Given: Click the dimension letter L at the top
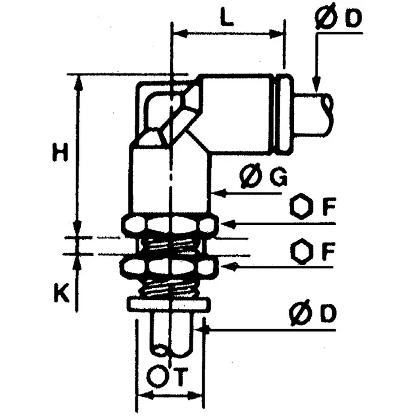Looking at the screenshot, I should pyautogui.click(x=226, y=18).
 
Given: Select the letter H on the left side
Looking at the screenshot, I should pyautogui.click(x=59, y=153).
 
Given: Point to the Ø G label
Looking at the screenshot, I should pyautogui.click(x=263, y=177).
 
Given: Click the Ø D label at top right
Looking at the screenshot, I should pyautogui.click(x=338, y=19).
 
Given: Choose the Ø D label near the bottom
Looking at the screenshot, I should pyautogui.click(x=311, y=314).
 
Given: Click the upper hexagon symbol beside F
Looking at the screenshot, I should pyautogui.click(x=301, y=208).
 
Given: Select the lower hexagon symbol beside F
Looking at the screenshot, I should pyautogui.click(x=301, y=250).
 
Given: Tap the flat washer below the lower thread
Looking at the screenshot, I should pyautogui.click(x=169, y=305).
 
